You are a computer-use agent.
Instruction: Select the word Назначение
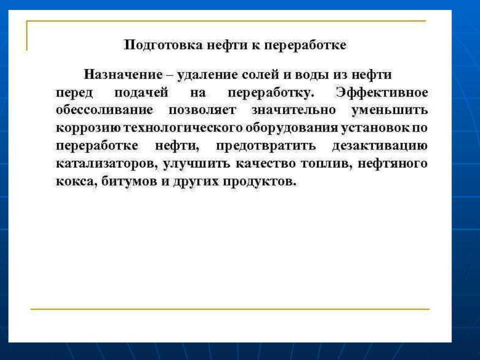click(x=123, y=74)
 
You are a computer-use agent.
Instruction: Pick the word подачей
click(x=141, y=92)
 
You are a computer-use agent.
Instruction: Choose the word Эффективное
click(x=381, y=92)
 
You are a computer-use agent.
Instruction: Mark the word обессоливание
click(x=104, y=109)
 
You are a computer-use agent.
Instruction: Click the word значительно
click(x=293, y=110)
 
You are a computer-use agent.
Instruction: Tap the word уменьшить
click(x=389, y=110)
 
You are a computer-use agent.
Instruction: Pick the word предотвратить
click(x=265, y=145)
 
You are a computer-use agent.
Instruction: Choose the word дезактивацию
click(x=380, y=145)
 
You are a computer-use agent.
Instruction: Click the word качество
click(x=265, y=163)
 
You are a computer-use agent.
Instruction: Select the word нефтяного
click(x=392, y=163)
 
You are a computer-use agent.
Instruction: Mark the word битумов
click(x=128, y=181)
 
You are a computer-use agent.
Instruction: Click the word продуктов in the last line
click(x=259, y=181)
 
